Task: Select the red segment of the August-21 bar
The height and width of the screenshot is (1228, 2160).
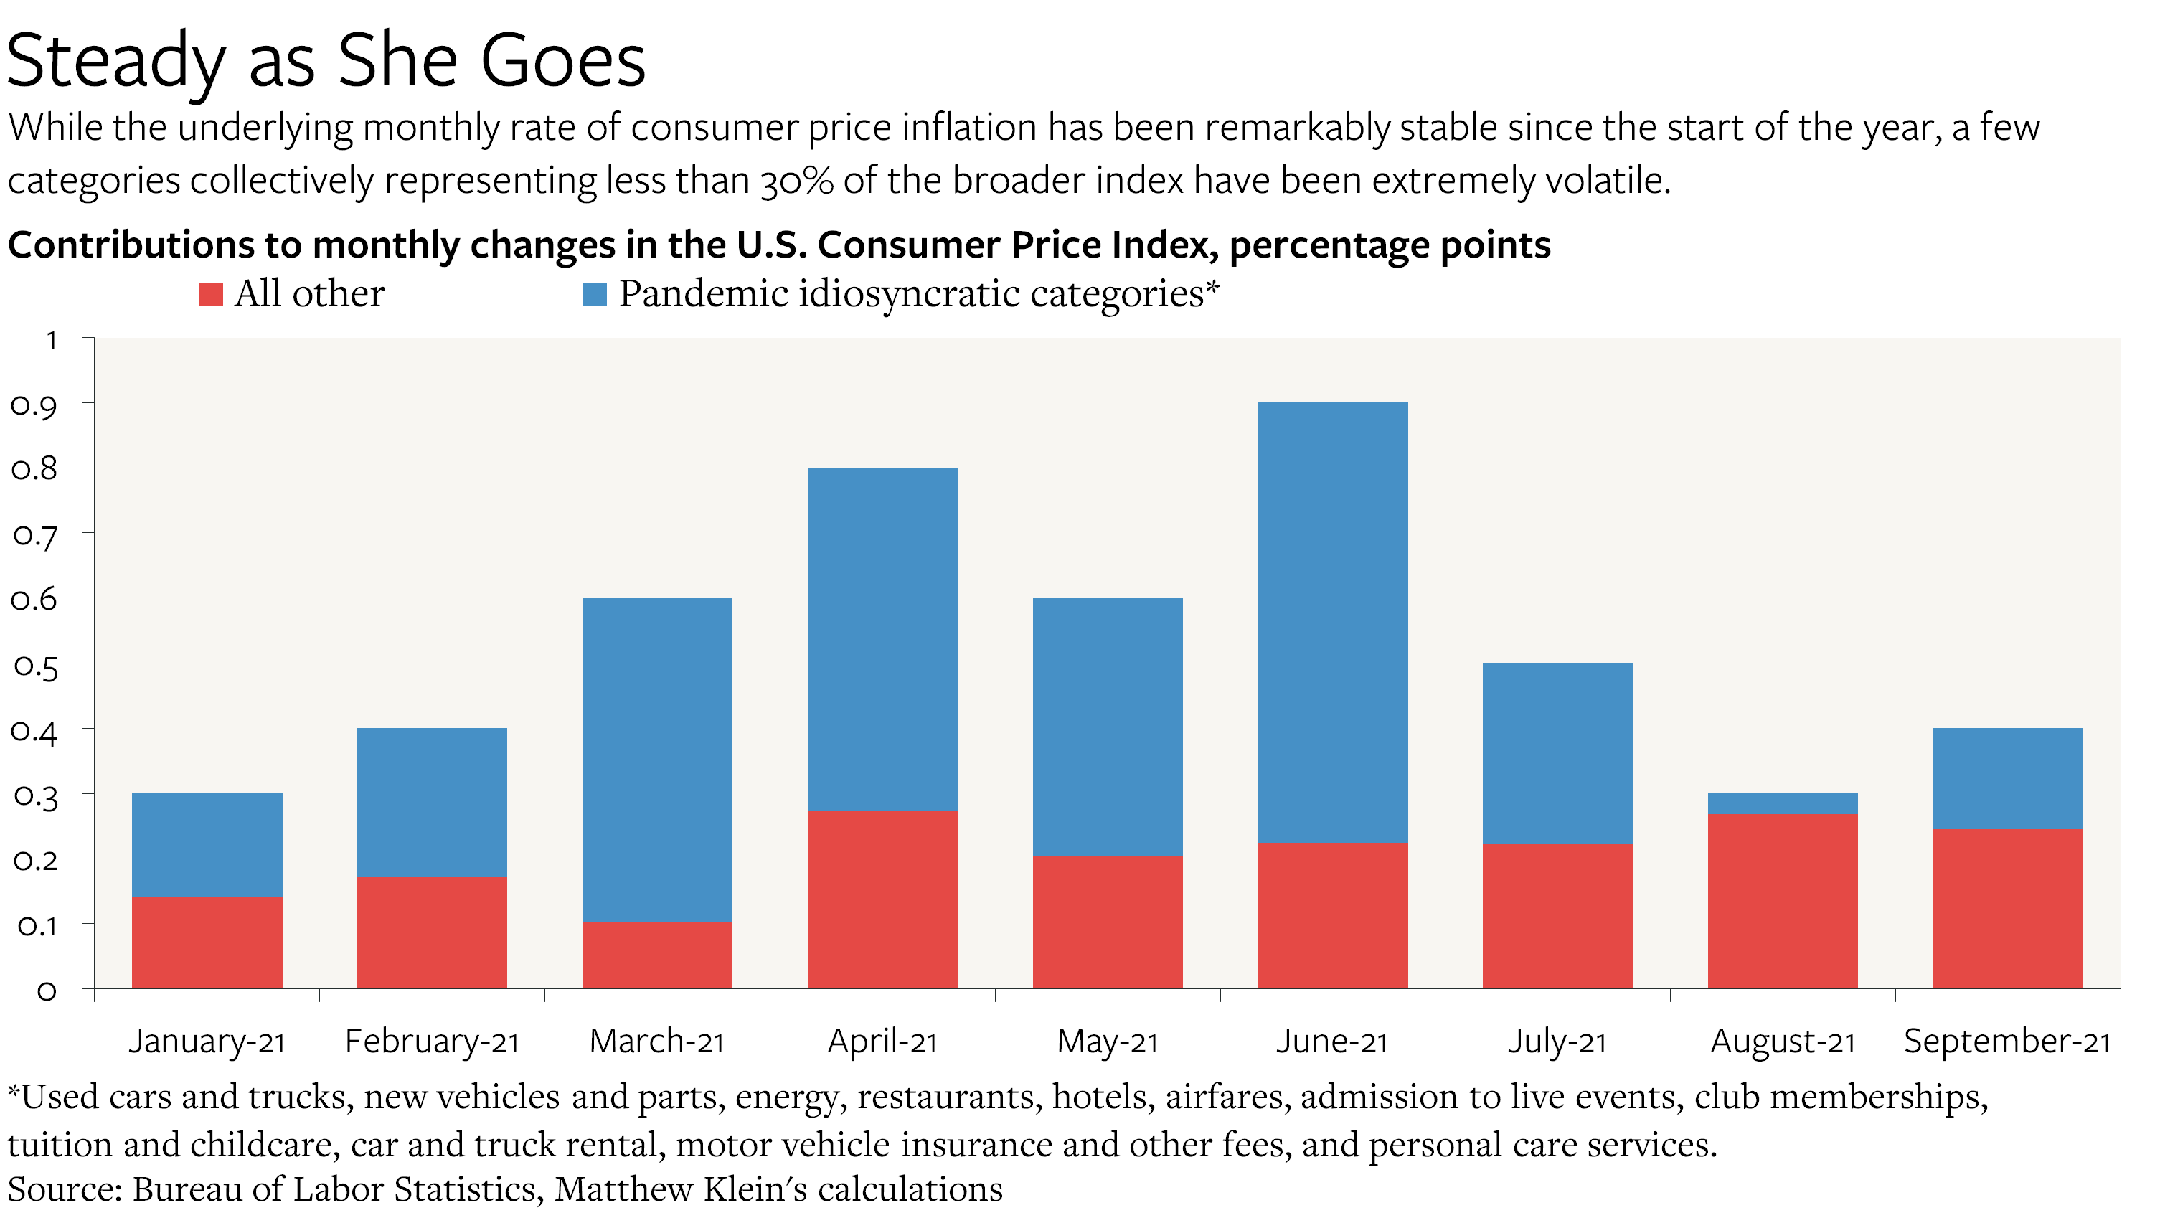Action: (1782, 901)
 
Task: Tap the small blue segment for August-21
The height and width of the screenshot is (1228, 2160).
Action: (1782, 804)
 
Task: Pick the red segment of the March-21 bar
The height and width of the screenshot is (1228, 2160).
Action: (657, 955)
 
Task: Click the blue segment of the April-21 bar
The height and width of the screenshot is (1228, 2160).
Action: (882, 638)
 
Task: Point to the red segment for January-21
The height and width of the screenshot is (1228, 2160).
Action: (207, 942)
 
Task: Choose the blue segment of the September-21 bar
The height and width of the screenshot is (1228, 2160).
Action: (2007, 778)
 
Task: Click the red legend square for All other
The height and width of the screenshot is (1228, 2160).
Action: (211, 294)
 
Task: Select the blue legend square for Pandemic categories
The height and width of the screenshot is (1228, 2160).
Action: (595, 294)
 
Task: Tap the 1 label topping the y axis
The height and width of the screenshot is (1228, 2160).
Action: (52, 341)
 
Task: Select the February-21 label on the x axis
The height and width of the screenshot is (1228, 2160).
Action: (432, 1042)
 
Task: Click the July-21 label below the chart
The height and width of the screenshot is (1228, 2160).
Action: (1557, 1042)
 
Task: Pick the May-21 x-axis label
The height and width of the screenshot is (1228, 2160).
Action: (1108, 1042)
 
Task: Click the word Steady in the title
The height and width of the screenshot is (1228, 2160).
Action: (116, 61)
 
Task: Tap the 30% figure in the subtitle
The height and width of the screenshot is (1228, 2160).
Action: (796, 181)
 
